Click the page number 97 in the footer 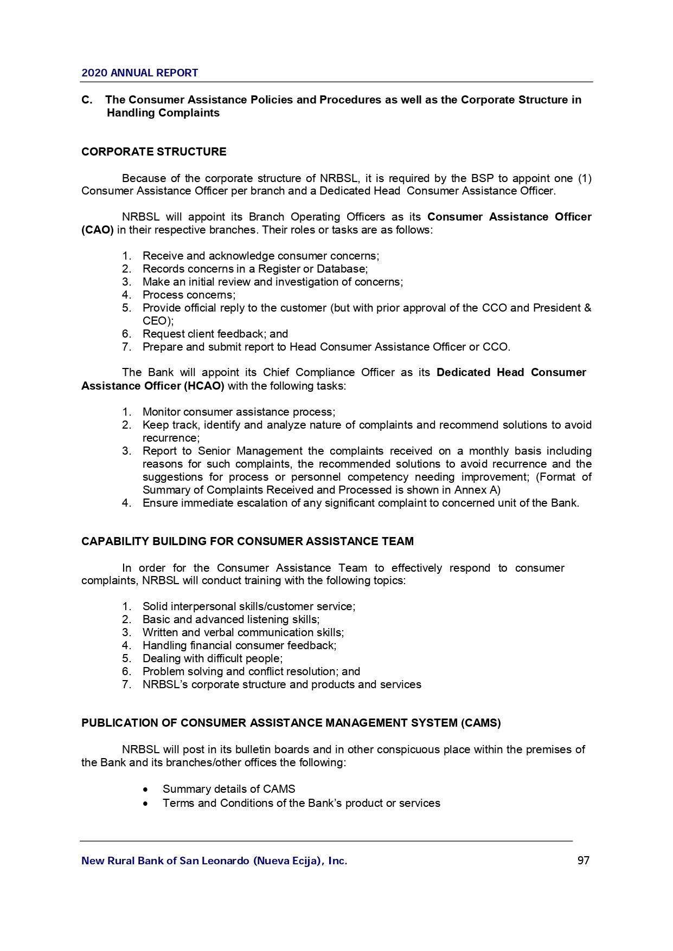[583, 861]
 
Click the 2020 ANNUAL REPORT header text [139, 73]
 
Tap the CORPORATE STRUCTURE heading [154, 152]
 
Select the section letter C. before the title [87, 100]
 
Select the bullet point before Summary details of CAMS [145, 790]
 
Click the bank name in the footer [214, 861]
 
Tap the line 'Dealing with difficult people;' [212, 658]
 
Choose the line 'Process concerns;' [189, 295]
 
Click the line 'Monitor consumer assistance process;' [239, 412]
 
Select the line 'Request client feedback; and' [215, 334]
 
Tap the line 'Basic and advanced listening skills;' [231, 619]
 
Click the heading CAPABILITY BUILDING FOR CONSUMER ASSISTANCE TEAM [247, 541]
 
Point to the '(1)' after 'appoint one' [584, 178]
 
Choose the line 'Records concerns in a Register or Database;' [255, 269]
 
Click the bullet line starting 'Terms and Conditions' [301, 803]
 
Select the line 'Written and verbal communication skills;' [243, 632]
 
